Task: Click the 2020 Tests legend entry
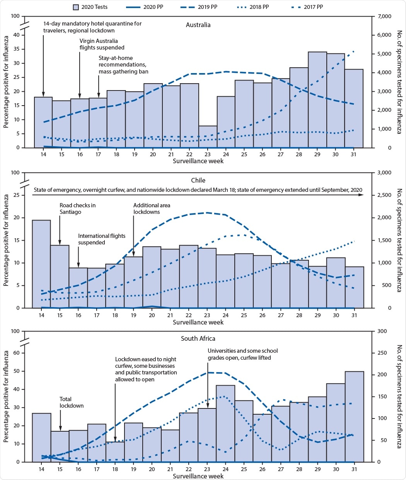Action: tap(90, 7)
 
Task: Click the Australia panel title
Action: tap(198, 25)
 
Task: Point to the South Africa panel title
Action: tap(198, 338)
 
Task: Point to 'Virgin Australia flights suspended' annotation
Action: tap(102, 44)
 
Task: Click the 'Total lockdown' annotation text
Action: tap(71, 402)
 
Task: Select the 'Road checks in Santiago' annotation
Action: tap(77, 208)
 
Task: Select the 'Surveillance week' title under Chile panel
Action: tap(198, 322)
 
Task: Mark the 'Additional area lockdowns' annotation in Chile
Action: tap(152, 208)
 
